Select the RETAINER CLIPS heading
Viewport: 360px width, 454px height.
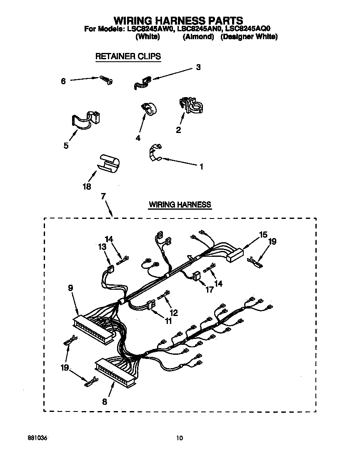point(128,56)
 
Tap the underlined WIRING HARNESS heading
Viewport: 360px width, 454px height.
point(180,205)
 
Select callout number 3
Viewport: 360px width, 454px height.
point(198,67)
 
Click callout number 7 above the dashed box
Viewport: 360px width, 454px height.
point(103,196)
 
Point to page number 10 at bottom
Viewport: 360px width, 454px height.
point(179,438)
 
